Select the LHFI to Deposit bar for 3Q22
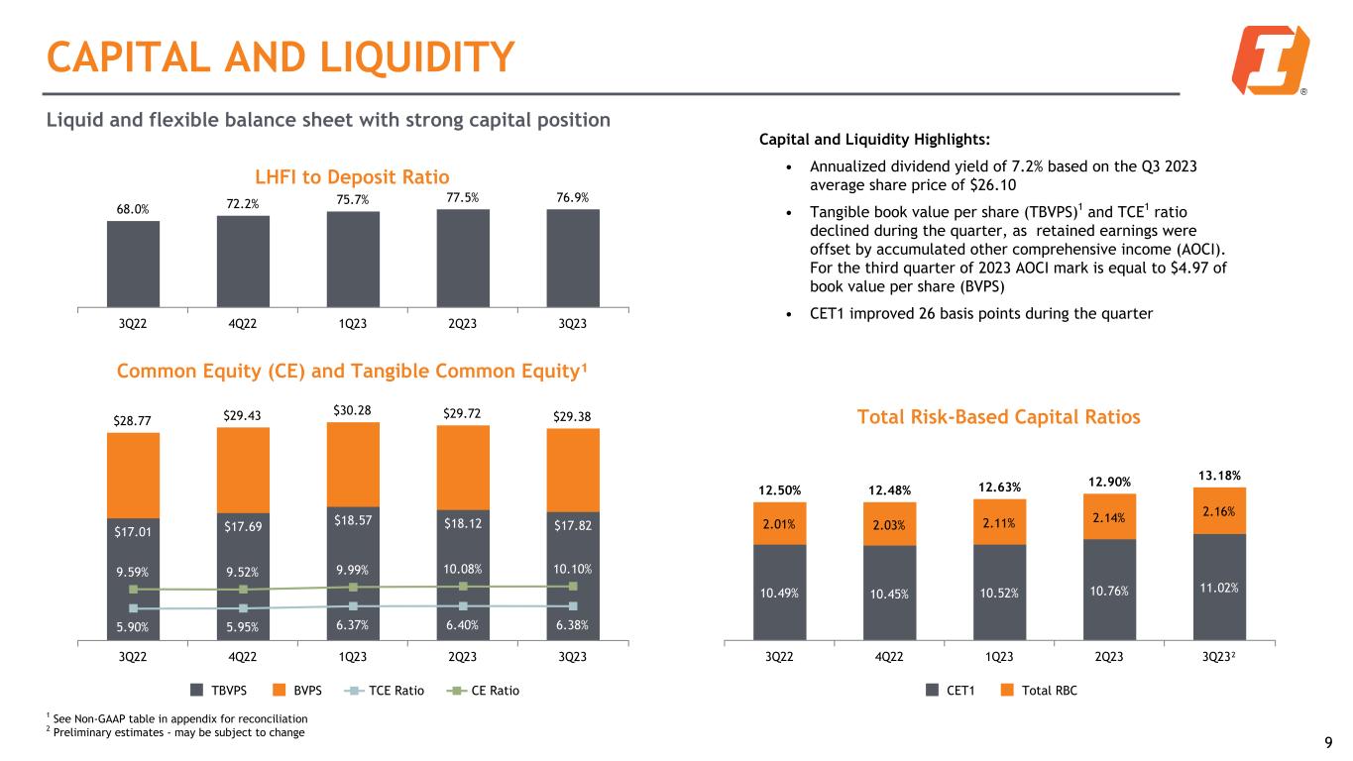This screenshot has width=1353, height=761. (133, 264)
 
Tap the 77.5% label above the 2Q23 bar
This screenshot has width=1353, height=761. (463, 197)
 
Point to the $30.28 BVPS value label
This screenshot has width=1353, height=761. (353, 407)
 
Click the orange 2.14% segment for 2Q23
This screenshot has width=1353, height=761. (1108, 515)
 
